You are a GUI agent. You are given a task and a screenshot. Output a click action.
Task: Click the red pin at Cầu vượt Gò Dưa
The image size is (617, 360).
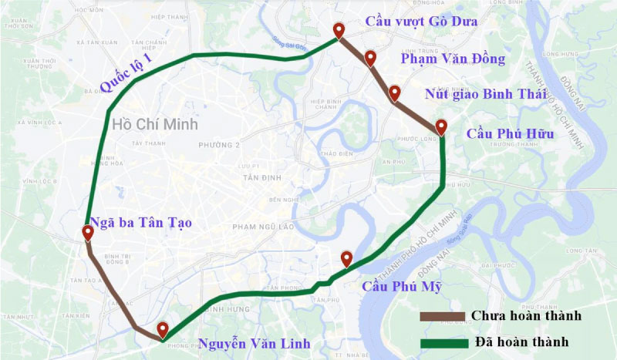338,30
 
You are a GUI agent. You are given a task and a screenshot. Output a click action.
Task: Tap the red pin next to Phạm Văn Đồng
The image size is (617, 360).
370,58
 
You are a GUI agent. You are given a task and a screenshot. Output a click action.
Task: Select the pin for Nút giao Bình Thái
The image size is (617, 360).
394,93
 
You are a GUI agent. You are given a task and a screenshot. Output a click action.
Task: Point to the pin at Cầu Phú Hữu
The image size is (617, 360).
440,126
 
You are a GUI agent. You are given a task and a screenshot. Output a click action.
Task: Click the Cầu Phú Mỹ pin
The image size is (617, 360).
346,258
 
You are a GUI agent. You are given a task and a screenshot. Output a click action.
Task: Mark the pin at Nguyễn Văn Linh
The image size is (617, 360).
163,330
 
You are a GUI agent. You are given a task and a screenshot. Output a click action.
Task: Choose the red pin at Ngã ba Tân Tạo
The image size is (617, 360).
87,234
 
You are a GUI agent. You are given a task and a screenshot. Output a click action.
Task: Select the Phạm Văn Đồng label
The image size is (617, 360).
452,59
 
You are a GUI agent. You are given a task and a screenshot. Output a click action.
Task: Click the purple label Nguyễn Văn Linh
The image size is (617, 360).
254,342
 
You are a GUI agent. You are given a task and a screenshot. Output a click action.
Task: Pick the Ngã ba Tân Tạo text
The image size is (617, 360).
140,223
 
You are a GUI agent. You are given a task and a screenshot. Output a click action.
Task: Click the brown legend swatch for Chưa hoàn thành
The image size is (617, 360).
442,316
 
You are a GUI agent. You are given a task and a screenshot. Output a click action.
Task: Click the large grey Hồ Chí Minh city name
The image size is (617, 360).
154,124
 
